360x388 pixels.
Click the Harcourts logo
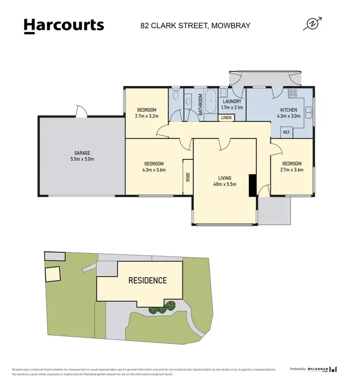pos(63,25)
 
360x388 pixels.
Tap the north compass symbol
pos(312,24)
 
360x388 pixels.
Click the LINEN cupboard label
pos(226,118)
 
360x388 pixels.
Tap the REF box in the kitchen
pos(287,132)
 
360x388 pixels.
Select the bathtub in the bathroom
pos(211,102)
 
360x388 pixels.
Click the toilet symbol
pos(176,95)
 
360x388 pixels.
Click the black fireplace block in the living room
pos(252,185)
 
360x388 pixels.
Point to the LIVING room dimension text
pos(225,184)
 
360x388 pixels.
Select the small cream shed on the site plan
pos(52,274)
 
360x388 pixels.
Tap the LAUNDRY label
pos(232,102)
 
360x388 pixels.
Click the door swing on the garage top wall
pos(82,112)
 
